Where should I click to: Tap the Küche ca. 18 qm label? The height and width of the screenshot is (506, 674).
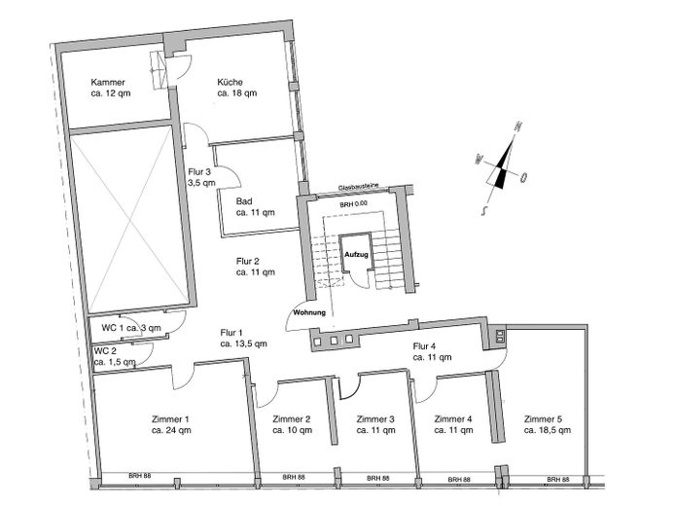click(x=236, y=89)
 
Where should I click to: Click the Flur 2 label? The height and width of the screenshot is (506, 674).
click(x=248, y=267)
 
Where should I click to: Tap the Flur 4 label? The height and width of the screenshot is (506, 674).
click(x=426, y=352)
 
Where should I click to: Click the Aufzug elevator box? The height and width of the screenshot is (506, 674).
click(x=356, y=253)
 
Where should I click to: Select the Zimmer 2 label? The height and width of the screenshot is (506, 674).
click(x=292, y=423)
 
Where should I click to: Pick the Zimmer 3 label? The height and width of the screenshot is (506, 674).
click(x=374, y=423)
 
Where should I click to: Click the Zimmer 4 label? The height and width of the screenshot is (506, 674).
click(x=452, y=423)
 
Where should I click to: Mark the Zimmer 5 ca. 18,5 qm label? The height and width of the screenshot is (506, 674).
click(x=544, y=423)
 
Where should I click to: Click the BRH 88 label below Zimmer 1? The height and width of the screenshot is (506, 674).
click(x=139, y=477)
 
